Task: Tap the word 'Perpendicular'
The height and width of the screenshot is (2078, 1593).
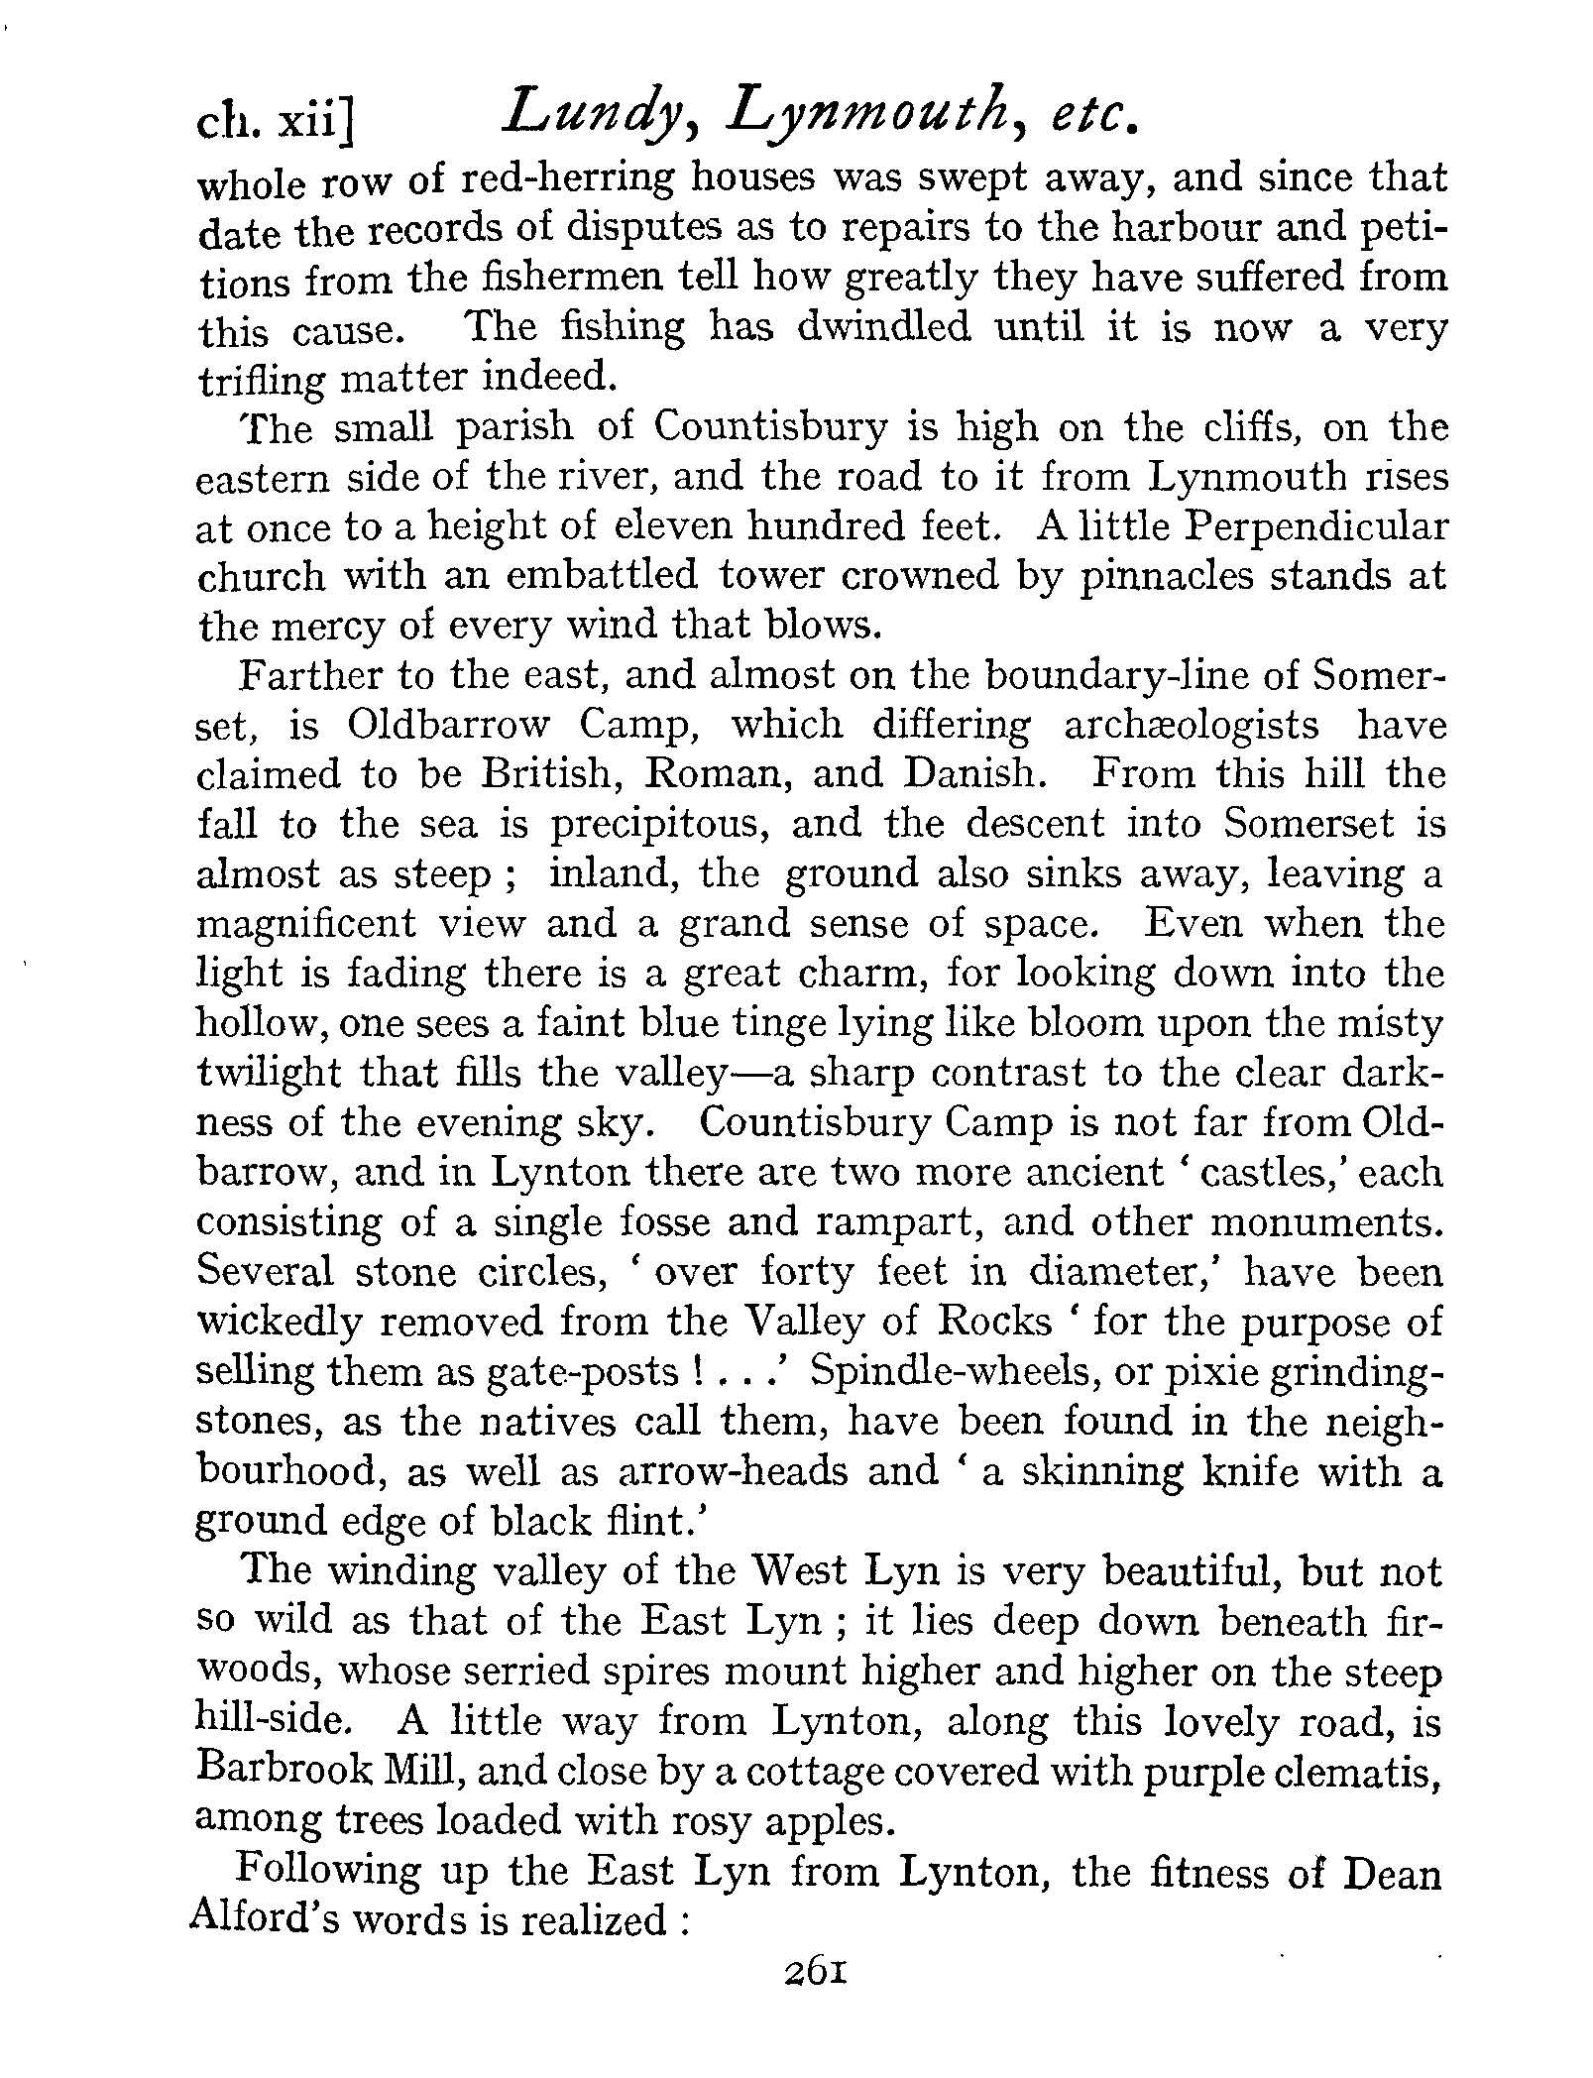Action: (x=1316, y=526)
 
